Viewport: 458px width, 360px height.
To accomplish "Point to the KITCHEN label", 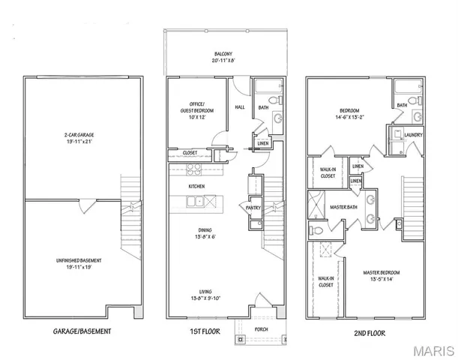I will coord(197,186).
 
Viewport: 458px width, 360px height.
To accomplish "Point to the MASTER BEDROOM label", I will coord(382,275).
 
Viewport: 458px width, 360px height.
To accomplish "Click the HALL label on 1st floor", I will coord(240,107).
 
